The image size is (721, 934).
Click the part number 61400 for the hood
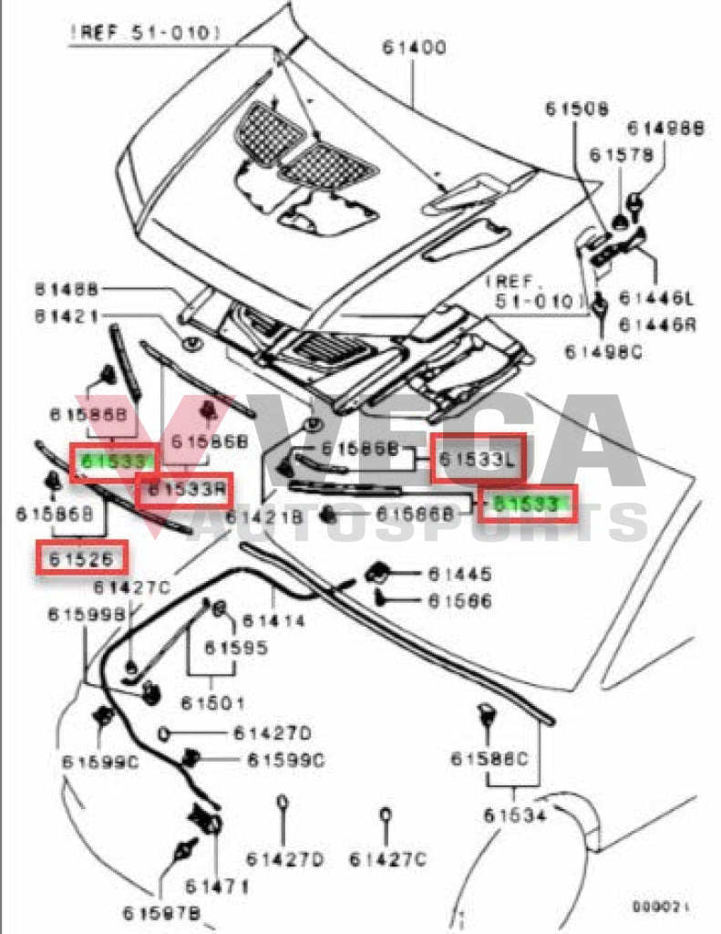pos(408,47)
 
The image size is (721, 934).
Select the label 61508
pos(578,109)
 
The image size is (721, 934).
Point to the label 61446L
pos(656,297)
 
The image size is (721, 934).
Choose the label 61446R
pos(656,324)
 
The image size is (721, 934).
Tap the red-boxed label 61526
pos(81,558)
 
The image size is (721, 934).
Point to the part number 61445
pos(460,575)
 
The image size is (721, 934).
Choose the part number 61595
pos(236,648)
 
